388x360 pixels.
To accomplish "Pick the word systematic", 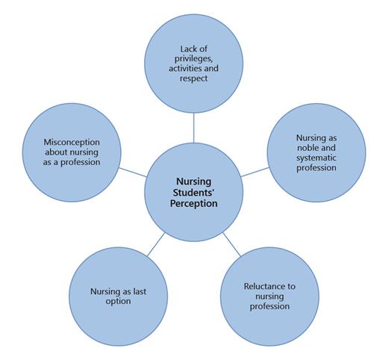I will pos(316,158).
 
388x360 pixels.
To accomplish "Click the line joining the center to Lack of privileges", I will pos(193,126).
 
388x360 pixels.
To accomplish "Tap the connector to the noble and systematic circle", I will pos(254,172).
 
